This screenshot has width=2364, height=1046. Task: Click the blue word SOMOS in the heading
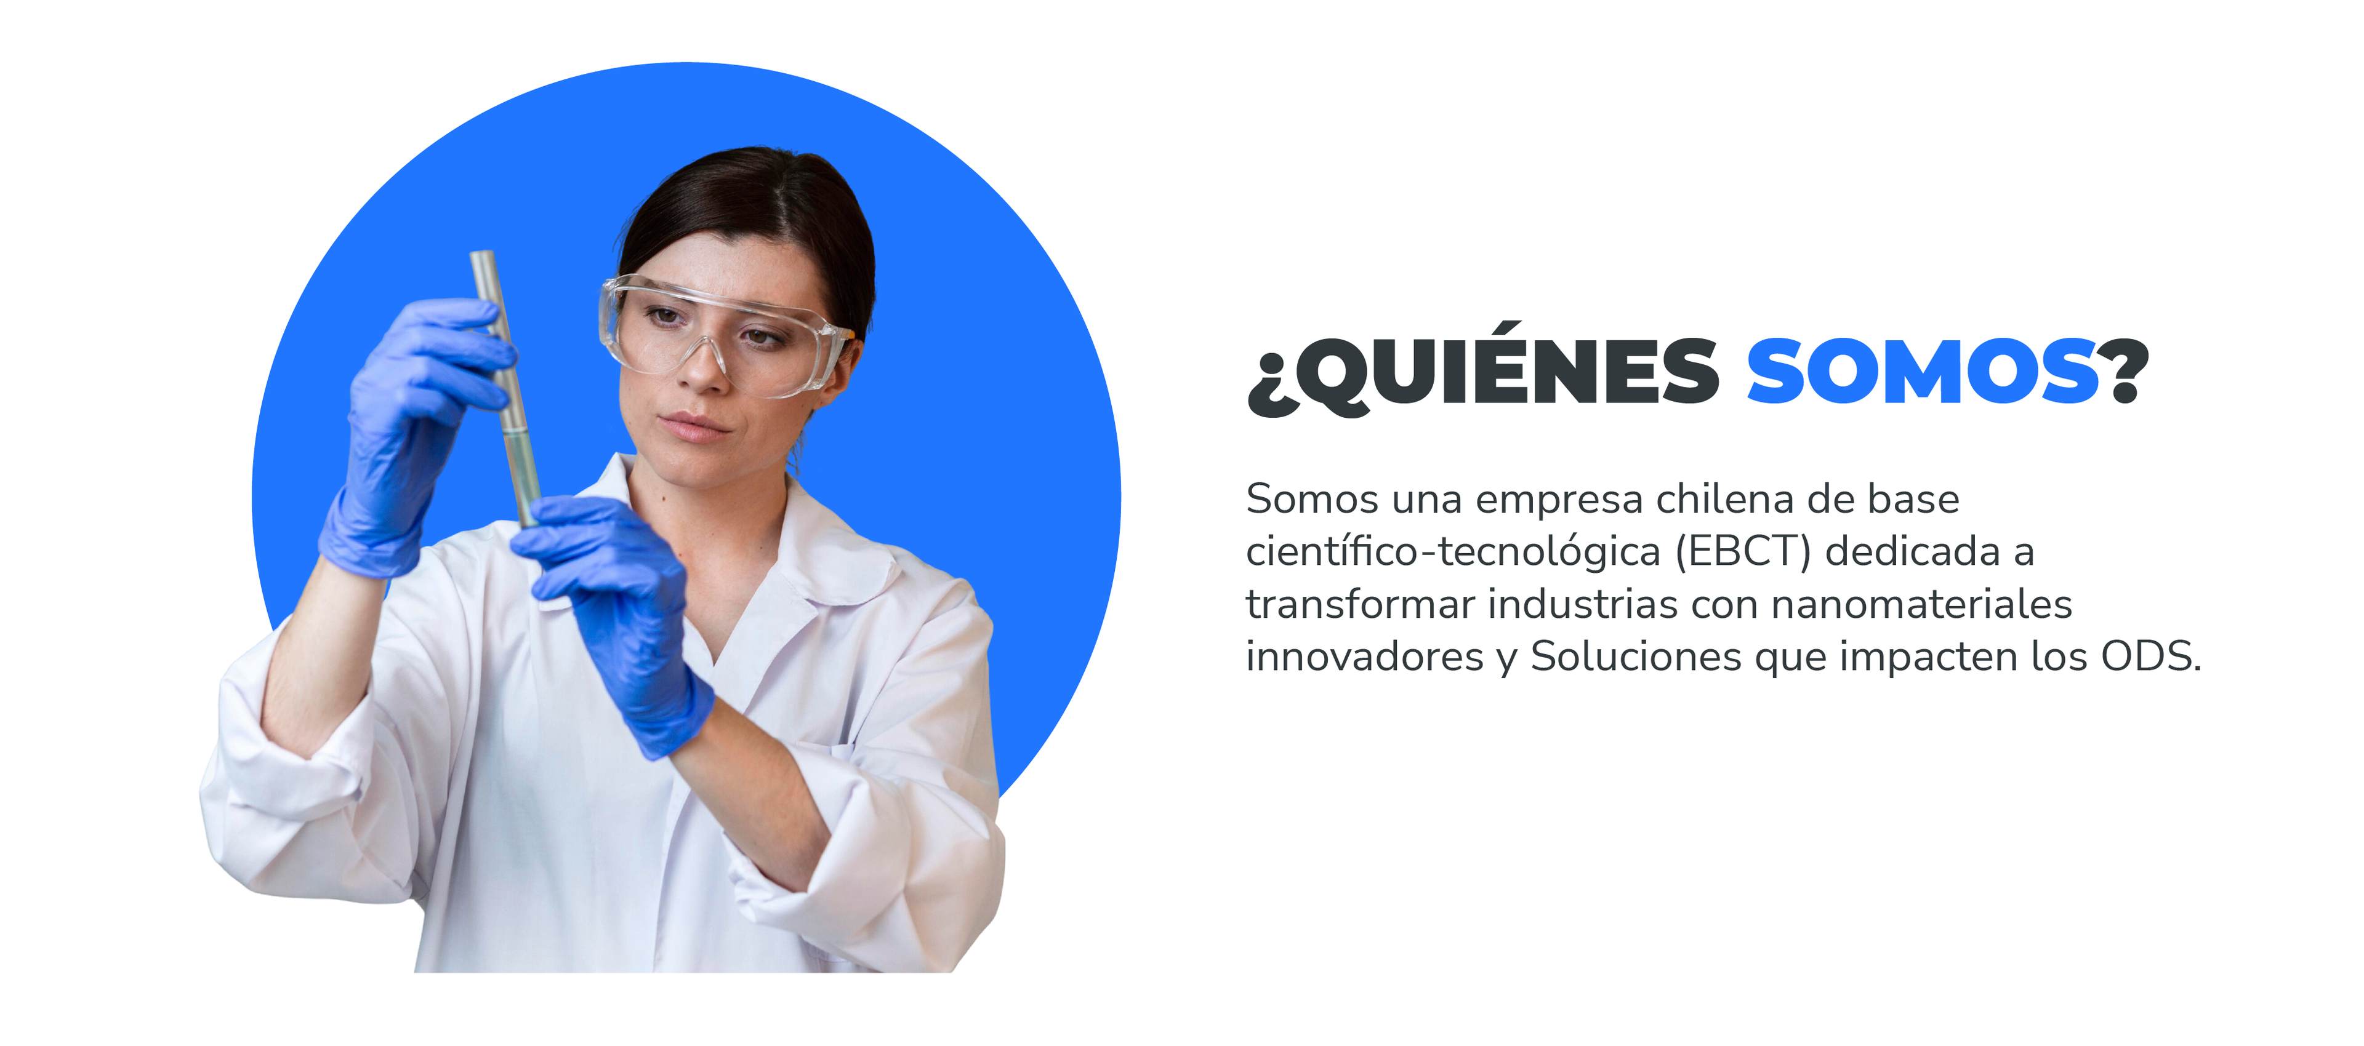pos(1923,370)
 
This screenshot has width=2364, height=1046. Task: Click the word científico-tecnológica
pos(1453,551)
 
